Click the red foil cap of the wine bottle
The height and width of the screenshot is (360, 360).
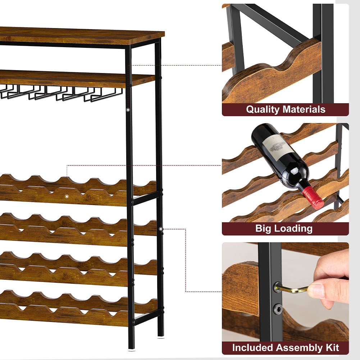point(313,198)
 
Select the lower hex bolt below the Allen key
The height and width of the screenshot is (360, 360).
point(278,308)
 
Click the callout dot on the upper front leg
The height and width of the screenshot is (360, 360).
point(128,110)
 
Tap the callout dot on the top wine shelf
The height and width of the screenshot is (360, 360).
point(67,196)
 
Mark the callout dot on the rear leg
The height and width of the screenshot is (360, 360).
point(161,229)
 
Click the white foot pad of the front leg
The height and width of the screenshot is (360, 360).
point(131,350)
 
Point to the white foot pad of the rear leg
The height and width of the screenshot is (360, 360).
point(161,337)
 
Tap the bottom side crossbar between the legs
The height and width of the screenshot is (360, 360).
point(147,316)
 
